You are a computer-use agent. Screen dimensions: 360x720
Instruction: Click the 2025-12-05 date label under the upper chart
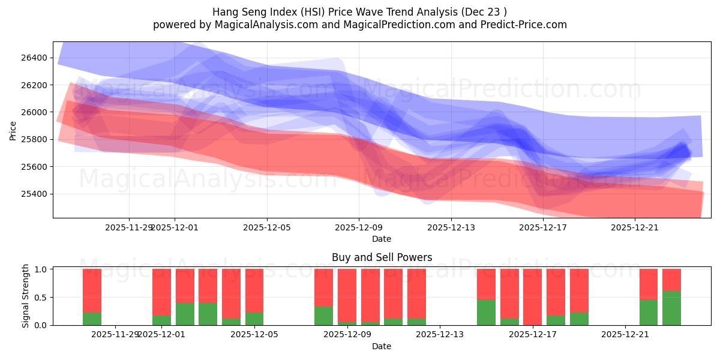click(x=267, y=227)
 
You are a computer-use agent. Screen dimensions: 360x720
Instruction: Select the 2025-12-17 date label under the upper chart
click(x=543, y=227)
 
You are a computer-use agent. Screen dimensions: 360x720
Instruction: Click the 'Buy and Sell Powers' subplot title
click(x=382, y=257)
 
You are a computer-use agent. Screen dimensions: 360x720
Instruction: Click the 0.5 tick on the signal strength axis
click(x=41, y=298)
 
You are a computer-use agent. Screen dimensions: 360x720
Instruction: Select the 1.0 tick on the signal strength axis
click(x=41, y=269)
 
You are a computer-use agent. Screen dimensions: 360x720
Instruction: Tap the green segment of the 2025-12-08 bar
click(x=323, y=316)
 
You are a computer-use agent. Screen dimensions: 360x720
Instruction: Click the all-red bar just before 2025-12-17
click(x=532, y=297)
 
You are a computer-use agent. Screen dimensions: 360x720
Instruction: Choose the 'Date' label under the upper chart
click(x=382, y=239)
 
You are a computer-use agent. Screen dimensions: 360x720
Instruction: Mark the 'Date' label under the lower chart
click(x=382, y=346)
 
